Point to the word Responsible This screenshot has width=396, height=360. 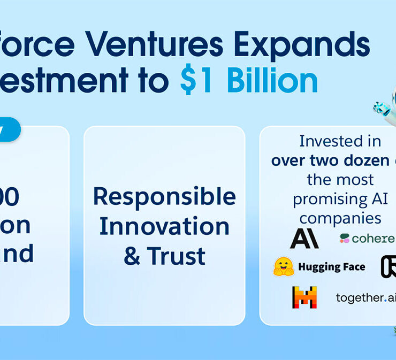tap(164, 197)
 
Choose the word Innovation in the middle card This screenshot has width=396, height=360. tap(164, 226)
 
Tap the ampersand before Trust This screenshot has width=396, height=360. tap(132, 256)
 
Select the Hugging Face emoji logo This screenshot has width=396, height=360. tap(283, 266)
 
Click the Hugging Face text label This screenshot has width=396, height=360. tap(331, 267)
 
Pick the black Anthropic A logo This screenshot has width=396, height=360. tap(304, 239)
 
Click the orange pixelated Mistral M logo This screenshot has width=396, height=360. tap(304, 297)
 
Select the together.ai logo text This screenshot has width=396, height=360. tap(365, 297)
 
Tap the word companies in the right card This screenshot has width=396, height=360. tap(340, 218)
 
